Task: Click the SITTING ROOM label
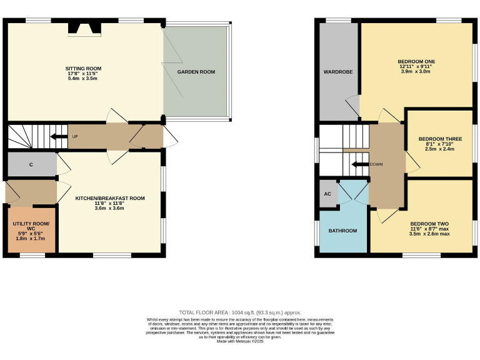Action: [x=84, y=68]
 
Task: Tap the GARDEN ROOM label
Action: [x=196, y=72]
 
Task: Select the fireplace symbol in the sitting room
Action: [x=84, y=29]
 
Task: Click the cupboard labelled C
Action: [x=31, y=165]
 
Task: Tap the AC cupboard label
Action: [x=327, y=194]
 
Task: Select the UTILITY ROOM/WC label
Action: [x=31, y=226]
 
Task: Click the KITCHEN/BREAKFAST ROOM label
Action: [x=110, y=198]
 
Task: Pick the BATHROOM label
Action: [x=342, y=231]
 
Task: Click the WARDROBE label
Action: [x=337, y=72]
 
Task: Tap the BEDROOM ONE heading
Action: [x=416, y=61]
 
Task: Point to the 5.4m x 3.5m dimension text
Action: [x=84, y=79]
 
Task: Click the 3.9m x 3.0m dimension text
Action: [x=416, y=71]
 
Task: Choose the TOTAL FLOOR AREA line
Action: [x=240, y=312]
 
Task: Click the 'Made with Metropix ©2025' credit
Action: [x=240, y=341]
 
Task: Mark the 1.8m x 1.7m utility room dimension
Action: [x=31, y=238]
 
